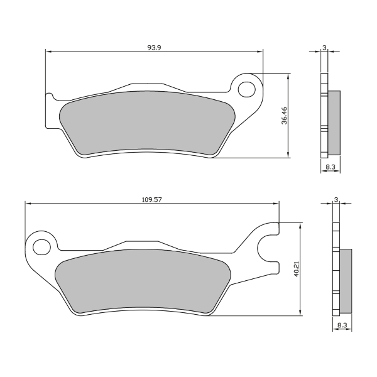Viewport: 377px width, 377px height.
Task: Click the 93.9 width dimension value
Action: point(154,48)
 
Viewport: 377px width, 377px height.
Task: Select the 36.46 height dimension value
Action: point(285,116)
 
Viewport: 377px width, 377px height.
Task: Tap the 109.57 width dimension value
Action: point(152,200)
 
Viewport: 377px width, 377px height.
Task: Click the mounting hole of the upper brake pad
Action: point(246,89)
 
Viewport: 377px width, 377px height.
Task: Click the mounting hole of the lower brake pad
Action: point(41,247)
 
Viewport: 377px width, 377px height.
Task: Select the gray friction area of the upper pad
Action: point(148,123)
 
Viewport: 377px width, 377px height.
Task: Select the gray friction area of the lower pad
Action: point(143,281)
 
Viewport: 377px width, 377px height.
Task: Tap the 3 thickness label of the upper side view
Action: point(324,48)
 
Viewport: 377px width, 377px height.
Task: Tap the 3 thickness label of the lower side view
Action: point(336,200)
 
